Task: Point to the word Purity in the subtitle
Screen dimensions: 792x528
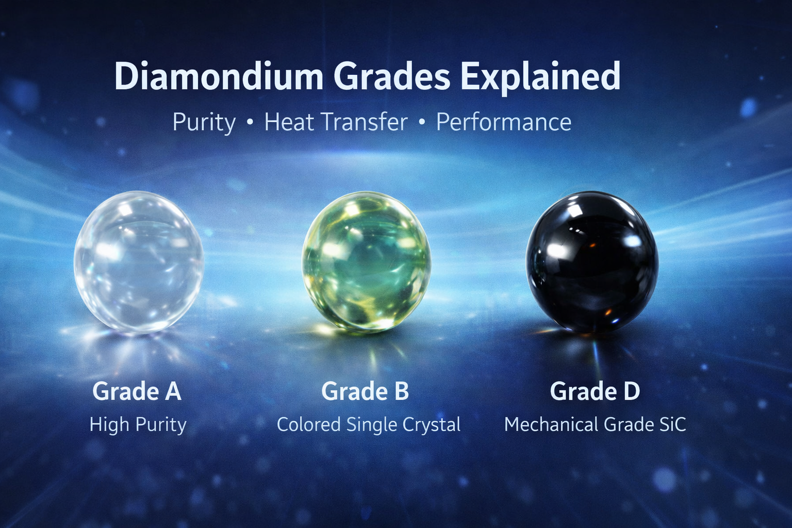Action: coord(204,123)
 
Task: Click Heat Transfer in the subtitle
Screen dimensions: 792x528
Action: coord(336,122)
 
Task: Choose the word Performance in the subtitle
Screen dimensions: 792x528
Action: coord(503,122)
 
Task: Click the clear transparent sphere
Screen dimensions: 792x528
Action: coord(139,262)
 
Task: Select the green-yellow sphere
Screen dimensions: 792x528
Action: coord(366,263)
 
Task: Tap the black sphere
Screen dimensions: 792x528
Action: coord(592,262)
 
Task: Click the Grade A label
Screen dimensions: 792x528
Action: coord(137,391)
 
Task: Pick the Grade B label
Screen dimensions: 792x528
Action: coord(365,391)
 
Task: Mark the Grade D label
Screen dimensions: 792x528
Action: coord(595,391)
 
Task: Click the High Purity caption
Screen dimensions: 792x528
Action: coord(138,425)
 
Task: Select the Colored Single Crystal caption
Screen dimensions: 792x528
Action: coord(369,425)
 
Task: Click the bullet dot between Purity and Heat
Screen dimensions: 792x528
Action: coord(250,122)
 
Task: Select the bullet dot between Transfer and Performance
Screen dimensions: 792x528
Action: coord(421,122)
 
